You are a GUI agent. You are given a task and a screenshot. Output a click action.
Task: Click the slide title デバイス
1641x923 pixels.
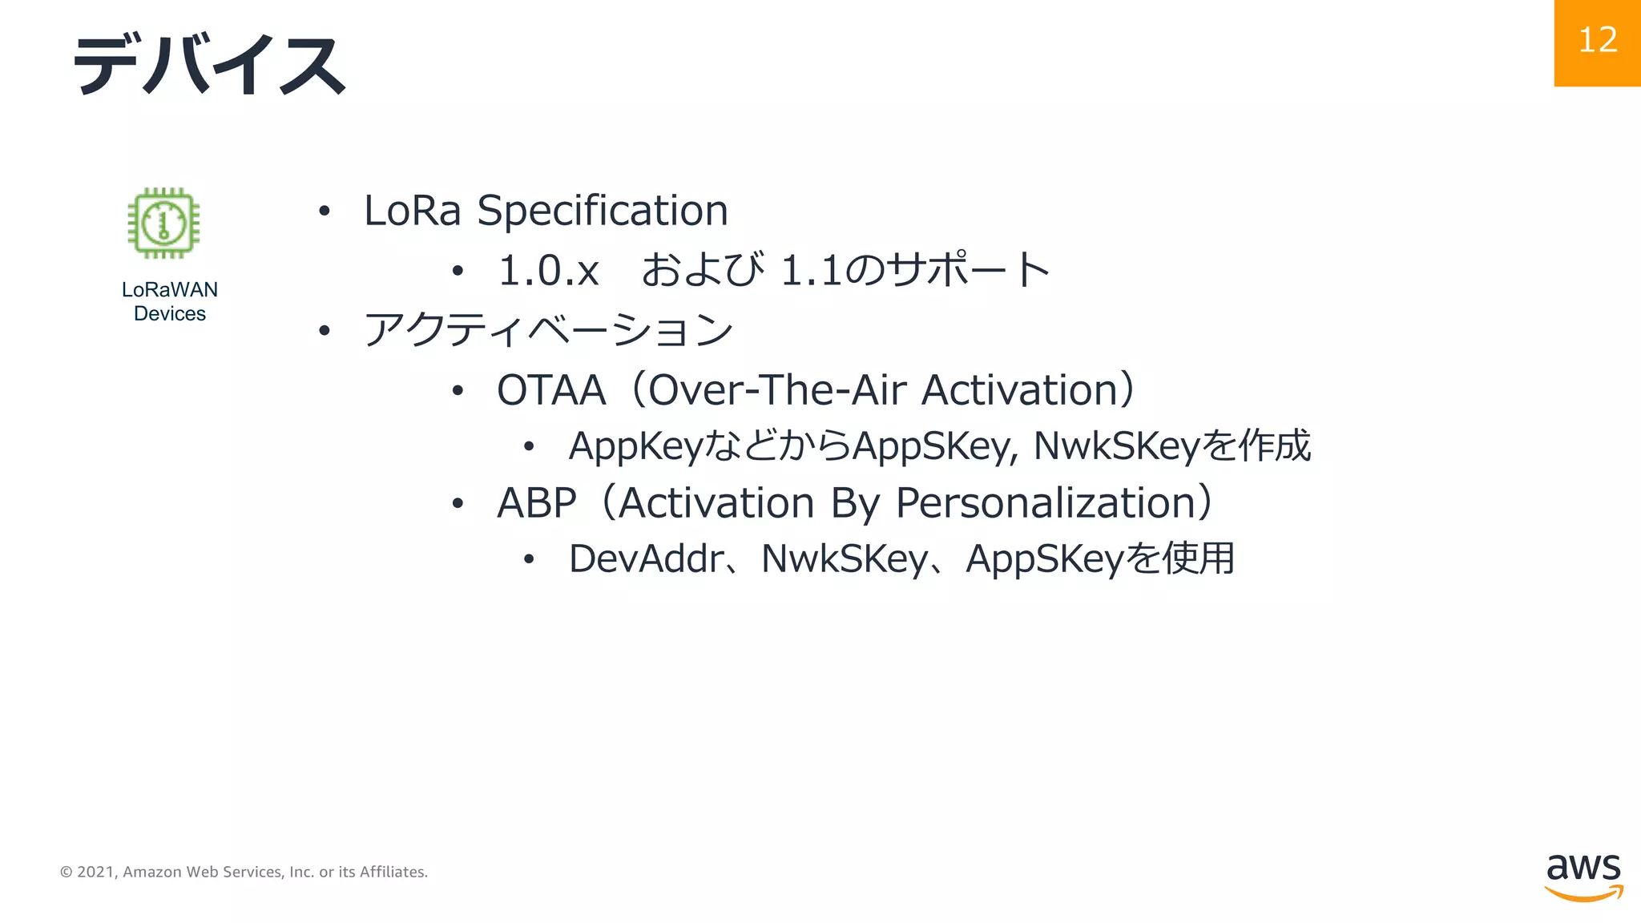click(209, 64)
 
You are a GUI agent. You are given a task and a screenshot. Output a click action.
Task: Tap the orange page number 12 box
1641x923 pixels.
click(1597, 42)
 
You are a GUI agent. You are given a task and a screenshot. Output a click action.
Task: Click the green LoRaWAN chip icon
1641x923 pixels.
click(163, 223)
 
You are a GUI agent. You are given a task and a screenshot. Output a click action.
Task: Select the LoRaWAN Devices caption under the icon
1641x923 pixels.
click(170, 301)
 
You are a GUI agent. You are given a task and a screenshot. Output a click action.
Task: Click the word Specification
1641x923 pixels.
click(603, 211)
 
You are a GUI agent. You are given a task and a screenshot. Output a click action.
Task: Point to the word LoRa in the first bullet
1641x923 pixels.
click(412, 211)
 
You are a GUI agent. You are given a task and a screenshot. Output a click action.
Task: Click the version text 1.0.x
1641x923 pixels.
click(548, 270)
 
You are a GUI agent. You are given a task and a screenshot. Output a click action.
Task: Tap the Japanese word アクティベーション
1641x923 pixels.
click(548, 329)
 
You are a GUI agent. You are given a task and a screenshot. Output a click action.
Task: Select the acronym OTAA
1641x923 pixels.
click(551, 390)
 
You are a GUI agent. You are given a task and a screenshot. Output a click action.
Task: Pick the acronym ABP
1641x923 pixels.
click(536, 503)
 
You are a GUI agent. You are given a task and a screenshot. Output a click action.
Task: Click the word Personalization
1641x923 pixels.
click(1046, 503)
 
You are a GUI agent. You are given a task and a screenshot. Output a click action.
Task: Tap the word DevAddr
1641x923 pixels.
click(646, 558)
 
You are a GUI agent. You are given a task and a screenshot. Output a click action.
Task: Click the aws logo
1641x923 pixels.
click(1583, 877)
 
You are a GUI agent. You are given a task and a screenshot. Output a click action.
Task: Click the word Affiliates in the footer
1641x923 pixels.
click(393, 872)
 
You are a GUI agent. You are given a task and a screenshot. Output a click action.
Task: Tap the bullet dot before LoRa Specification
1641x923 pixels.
click(324, 212)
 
